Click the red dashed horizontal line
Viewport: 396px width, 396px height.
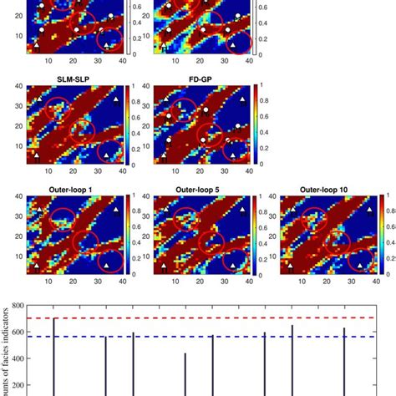(209, 318)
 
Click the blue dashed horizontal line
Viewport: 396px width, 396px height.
(209, 337)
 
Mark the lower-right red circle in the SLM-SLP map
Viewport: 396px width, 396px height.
(109, 151)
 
